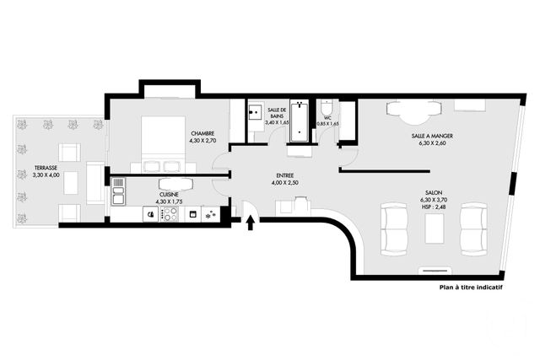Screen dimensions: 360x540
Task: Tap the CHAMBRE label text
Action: [202, 133]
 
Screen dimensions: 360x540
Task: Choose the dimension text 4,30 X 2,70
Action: [202, 141]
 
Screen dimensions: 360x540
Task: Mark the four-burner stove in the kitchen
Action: [170, 214]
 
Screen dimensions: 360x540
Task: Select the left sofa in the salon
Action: [393, 228]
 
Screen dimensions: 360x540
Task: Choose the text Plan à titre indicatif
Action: [470, 287]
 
